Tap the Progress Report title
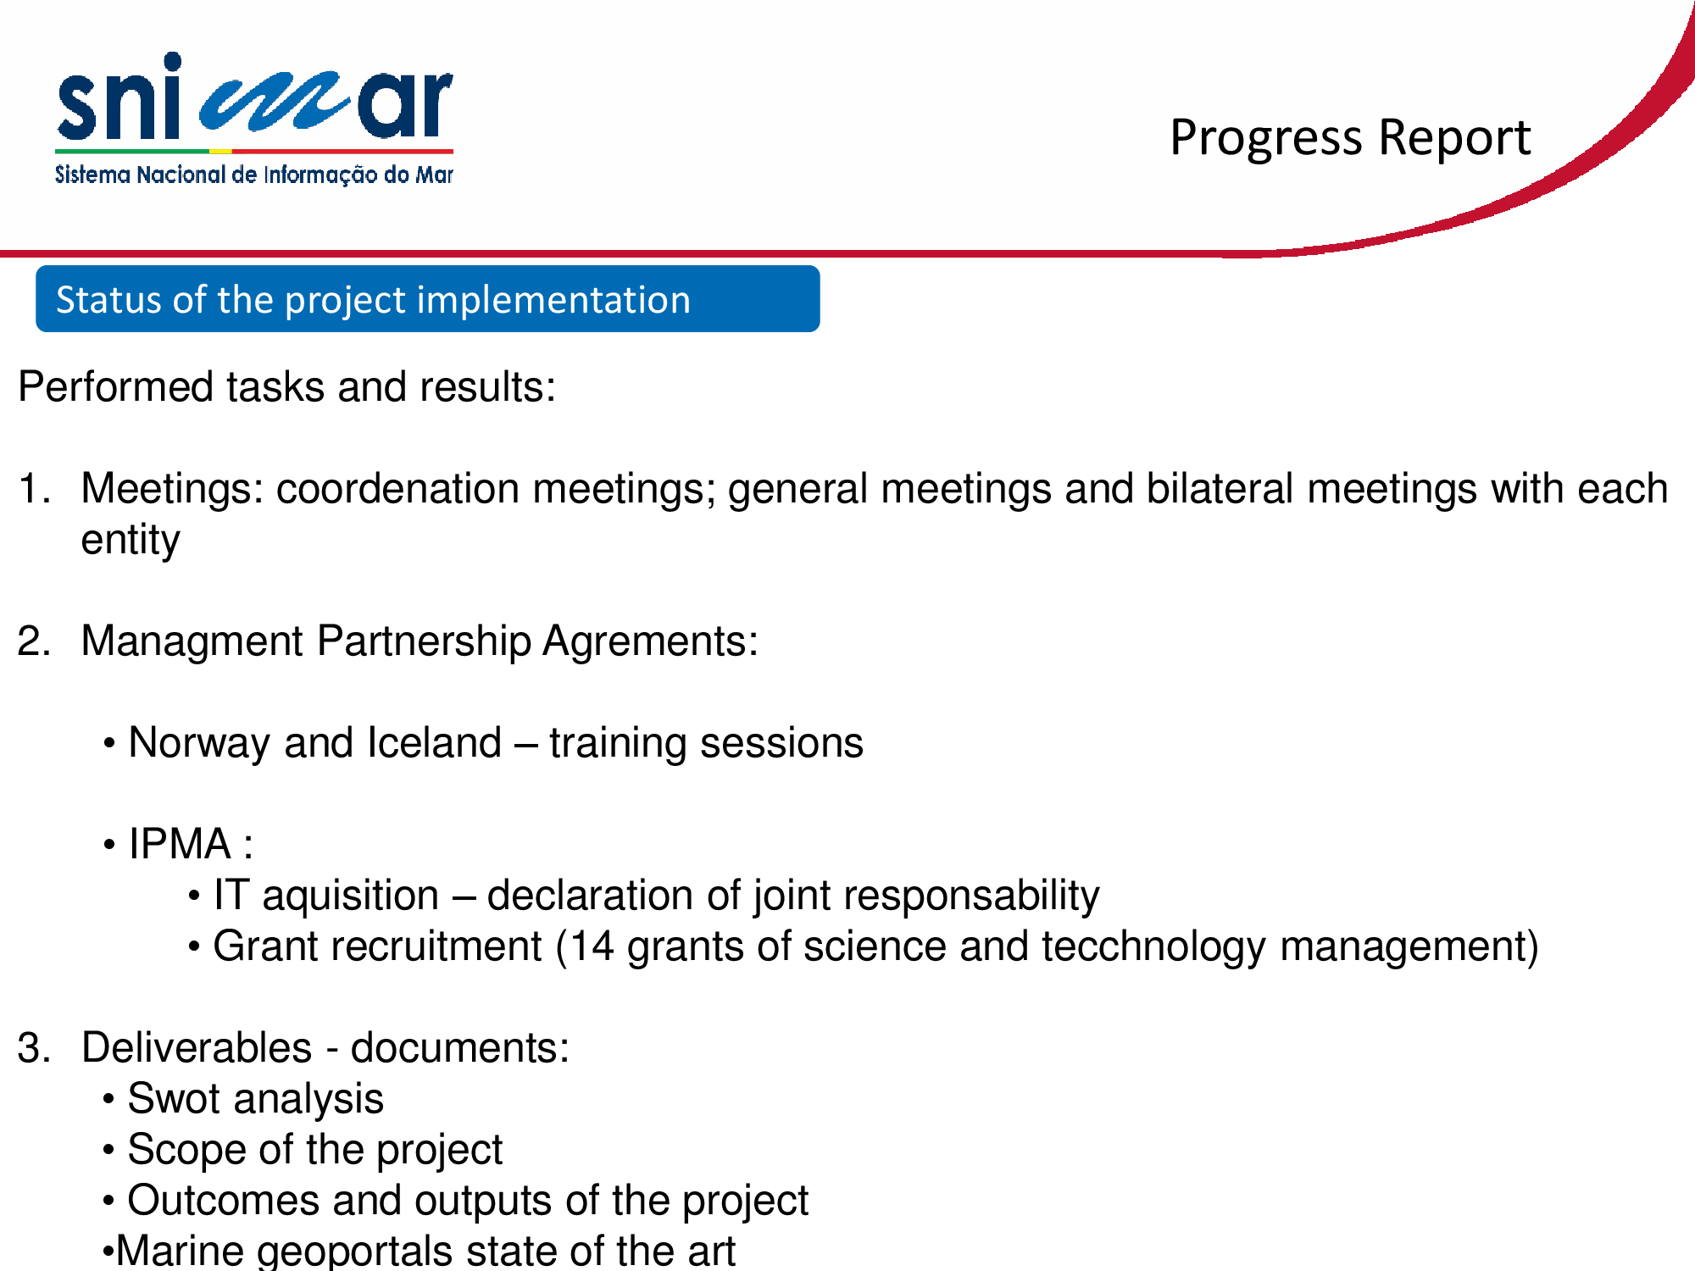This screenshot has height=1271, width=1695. [x=1350, y=138]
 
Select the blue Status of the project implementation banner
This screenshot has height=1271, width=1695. [x=427, y=299]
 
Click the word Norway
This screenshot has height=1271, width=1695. [x=199, y=743]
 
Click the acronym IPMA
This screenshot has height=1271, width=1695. [x=180, y=844]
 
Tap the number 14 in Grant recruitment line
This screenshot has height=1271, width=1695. [x=592, y=946]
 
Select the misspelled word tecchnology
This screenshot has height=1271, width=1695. [x=1153, y=947]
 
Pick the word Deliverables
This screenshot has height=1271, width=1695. [x=197, y=1047]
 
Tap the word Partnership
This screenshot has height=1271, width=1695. [x=424, y=642]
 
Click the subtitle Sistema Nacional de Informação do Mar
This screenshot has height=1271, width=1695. [x=254, y=175]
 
